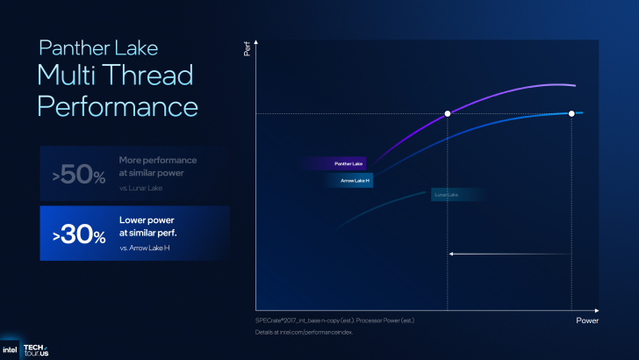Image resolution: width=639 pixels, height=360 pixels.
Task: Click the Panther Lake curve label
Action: pos(348,163)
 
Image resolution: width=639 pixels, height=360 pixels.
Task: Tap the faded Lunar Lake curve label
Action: pos(446,194)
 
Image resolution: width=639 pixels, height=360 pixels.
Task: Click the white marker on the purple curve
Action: pos(448,114)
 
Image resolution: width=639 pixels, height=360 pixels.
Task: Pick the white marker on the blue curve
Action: pos(572,114)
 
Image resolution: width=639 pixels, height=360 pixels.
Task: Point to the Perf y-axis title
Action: pos(247,51)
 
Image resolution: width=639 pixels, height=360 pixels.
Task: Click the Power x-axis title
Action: pos(587,321)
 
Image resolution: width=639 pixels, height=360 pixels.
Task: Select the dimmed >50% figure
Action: pos(79,174)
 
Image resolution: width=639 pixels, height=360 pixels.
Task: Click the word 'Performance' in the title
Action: pos(117,106)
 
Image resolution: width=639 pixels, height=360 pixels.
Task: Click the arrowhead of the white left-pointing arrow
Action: pos(451,254)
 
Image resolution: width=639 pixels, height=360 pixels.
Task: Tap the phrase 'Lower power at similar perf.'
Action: pos(158,226)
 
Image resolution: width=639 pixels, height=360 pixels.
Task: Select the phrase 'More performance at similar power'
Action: pos(158,166)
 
